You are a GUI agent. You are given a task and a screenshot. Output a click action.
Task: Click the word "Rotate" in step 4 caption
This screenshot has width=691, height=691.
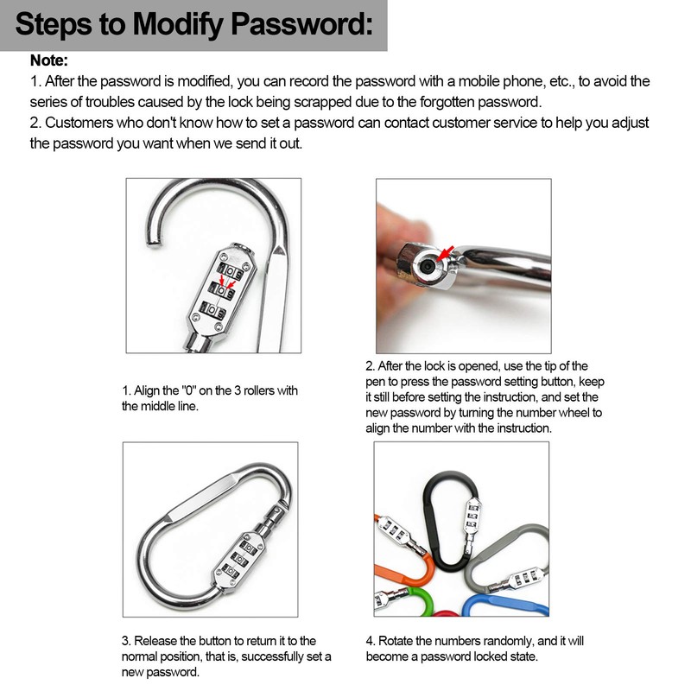(x=399, y=641)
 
